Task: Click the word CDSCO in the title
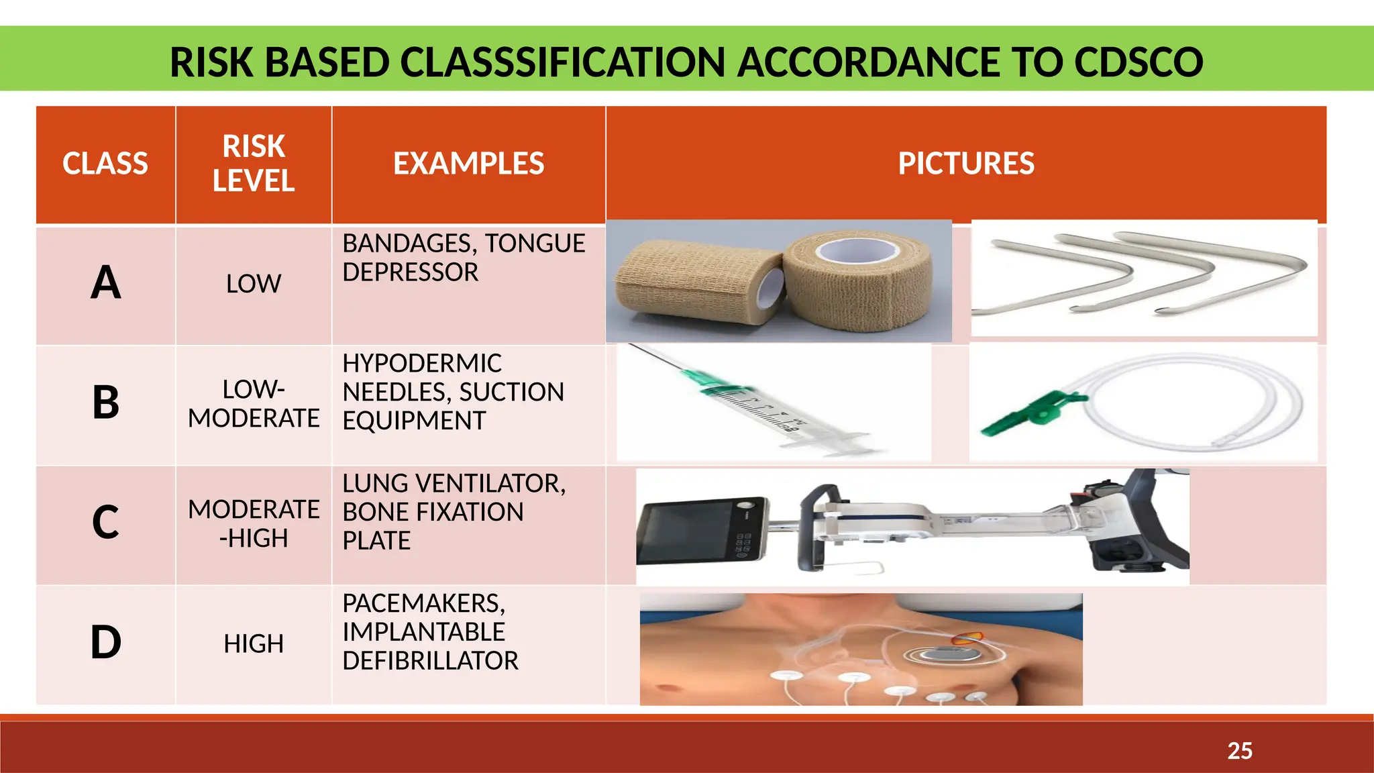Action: click(x=1138, y=62)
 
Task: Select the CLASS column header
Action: click(x=105, y=164)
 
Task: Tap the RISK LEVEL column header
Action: click(x=254, y=164)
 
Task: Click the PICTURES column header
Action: click(x=966, y=164)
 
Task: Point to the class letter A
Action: click(x=106, y=282)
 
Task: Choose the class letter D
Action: click(x=106, y=642)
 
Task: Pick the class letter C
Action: click(x=106, y=522)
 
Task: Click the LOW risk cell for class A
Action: click(x=254, y=284)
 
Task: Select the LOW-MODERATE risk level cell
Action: click(x=254, y=404)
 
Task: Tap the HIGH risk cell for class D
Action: click(x=254, y=644)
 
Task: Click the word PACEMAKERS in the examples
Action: click(x=423, y=603)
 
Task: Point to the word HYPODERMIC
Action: click(x=422, y=363)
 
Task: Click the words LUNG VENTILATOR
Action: click(x=454, y=483)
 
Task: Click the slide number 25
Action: click(x=1240, y=750)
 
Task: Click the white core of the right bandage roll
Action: click(x=858, y=251)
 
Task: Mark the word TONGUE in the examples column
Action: click(x=535, y=243)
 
